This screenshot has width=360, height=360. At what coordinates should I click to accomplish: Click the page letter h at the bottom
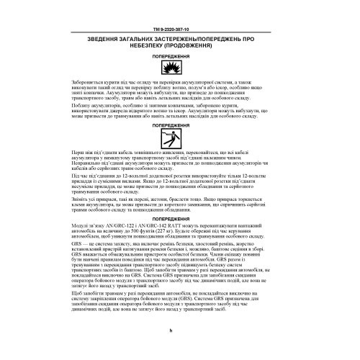(179, 349)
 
